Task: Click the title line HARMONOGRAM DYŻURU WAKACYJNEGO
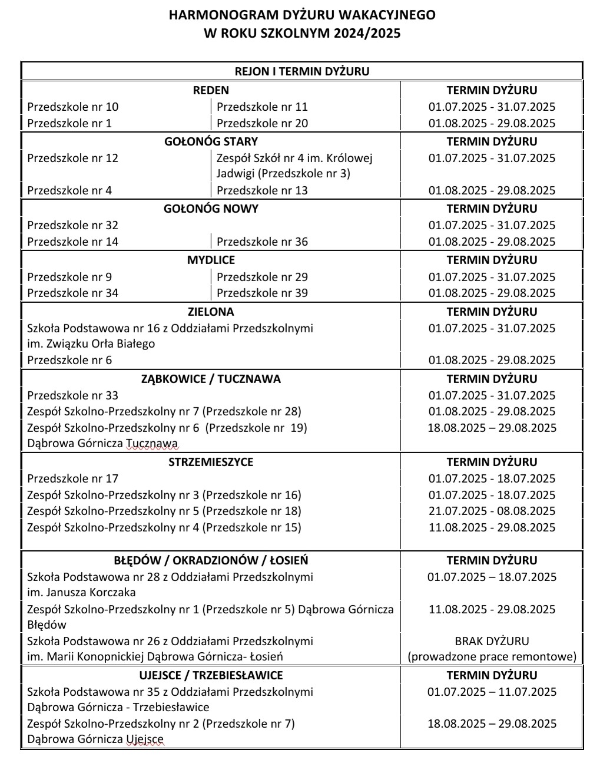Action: point(302,15)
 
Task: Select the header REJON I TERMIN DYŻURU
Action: point(302,71)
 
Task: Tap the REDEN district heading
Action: point(211,90)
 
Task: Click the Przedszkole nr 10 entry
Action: point(72,107)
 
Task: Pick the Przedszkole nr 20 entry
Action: point(262,123)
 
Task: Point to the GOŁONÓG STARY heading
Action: point(211,141)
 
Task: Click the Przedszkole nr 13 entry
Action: point(262,190)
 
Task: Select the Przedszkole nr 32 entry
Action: point(72,225)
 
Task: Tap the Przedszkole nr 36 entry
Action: point(262,242)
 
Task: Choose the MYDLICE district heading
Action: point(211,260)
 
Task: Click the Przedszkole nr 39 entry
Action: point(262,293)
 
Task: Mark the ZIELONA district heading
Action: point(211,312)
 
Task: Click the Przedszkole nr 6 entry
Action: point(69,360)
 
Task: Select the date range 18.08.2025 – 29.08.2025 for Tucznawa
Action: point(492,428)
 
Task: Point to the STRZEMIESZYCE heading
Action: point(211,462)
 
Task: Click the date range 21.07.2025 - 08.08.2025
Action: point(492,511)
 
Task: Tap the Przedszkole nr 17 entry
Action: point(72,478)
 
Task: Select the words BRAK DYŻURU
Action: point(492,640)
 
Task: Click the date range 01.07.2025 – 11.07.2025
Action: point(492,692)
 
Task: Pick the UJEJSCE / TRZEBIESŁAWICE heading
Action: point(211,675)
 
